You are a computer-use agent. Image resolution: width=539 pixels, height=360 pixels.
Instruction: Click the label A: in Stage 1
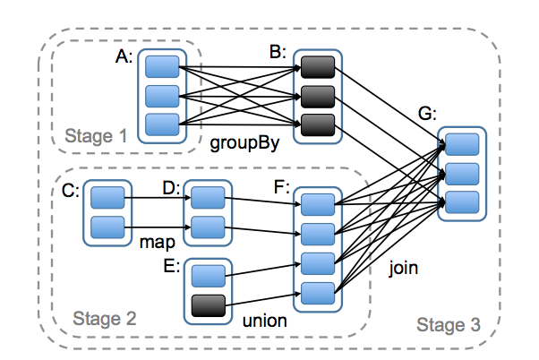(125, 56)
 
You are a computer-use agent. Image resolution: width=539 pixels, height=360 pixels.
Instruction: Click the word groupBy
(239, 142)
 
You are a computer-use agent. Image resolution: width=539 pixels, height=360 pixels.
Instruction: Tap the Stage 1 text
(97, 136)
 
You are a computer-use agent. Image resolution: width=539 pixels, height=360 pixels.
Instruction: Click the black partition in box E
(208, 306)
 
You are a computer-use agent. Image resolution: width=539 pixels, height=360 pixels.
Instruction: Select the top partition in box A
(163, 65)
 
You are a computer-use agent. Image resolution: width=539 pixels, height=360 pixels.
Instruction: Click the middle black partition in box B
(317, 94)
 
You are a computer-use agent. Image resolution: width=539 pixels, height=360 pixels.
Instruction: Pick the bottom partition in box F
(318, 293)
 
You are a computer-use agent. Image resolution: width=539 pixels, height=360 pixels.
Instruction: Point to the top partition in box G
(462, 144)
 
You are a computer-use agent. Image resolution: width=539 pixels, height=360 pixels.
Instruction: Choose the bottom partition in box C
(107, 227)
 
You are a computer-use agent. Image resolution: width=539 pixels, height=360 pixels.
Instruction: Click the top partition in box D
(207, 197)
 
